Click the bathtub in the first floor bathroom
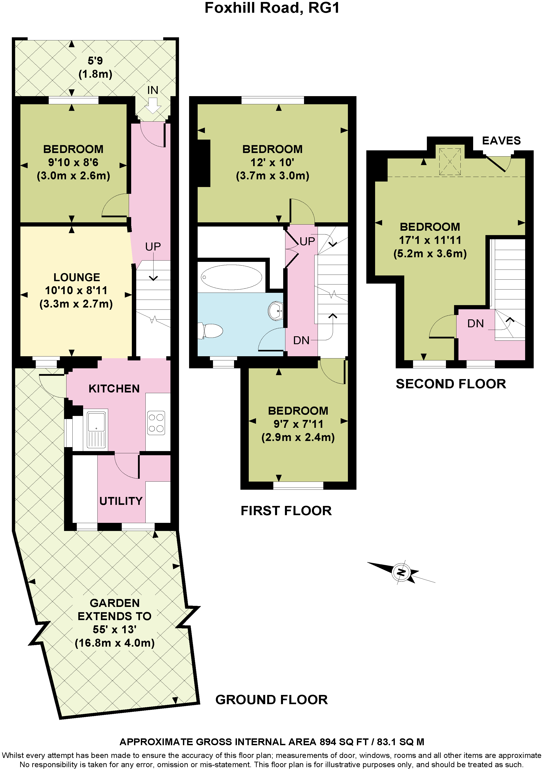[x=232, y=277]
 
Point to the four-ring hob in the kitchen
[x=156, y=423]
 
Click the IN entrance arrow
[x=153, y=106]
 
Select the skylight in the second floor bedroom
[x=450, y=161]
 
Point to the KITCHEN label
[x=114, y=388]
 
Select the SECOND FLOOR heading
[x=451, y=384]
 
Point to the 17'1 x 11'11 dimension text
[x=430, y=240]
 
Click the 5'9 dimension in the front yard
[x=95, y=61]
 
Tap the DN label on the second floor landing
[x=476, y=323]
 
